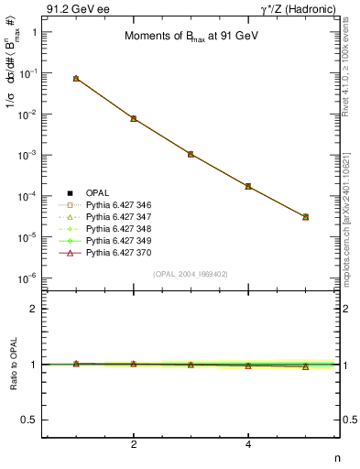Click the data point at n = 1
(x=76, y=79)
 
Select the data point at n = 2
(x=134, y=118)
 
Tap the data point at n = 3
(x=191, y=154)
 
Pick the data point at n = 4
(x=248, y=186)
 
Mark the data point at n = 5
(x=305, y=217)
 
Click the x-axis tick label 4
(x=248, y=444)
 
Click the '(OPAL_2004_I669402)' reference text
(x=191, y=273)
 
